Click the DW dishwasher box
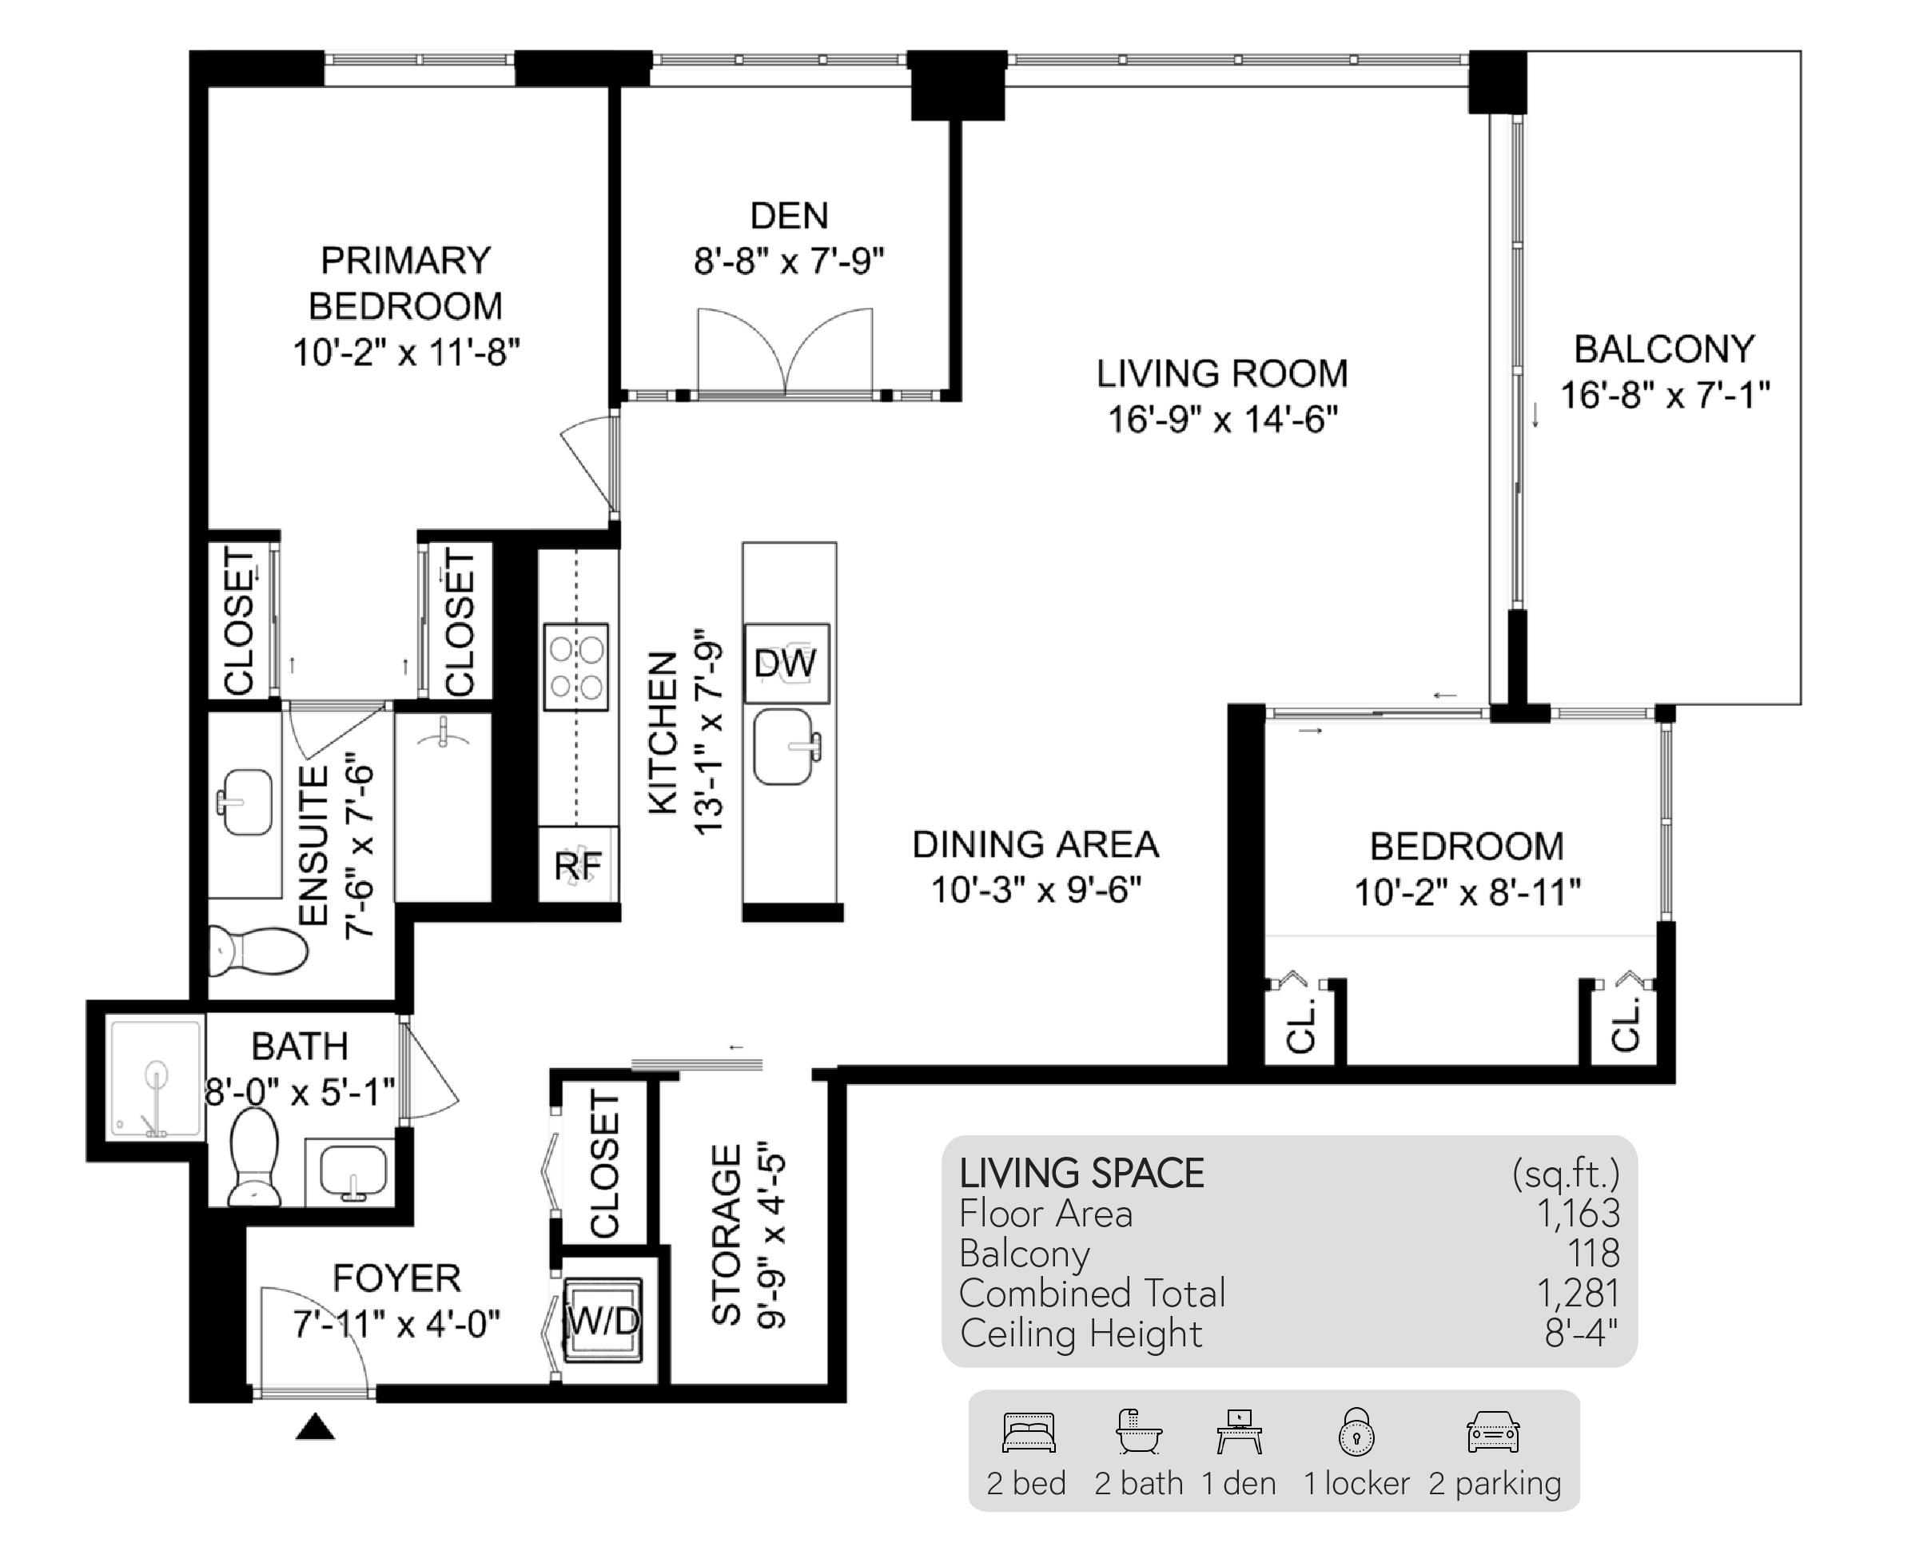pos(786,664)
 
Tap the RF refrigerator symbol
pos(578,866)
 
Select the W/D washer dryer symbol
pos(603,1320)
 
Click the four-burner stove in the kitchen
pos(576,668)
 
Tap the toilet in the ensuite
pos(258,950)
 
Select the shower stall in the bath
pos(155,1079)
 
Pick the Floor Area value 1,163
pos(1577,1213)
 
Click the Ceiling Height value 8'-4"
pos(1581,1334)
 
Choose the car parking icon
pos(1492,1432)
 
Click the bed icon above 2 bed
pos(1028,1432)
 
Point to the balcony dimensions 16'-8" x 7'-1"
pos(1664,394)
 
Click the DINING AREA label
pos(1035,844)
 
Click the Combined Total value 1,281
pos(1577,1293)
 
